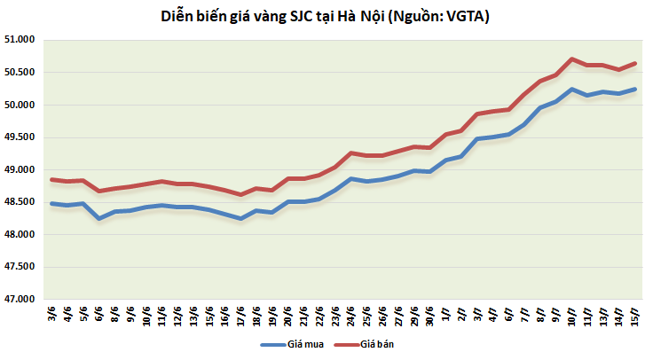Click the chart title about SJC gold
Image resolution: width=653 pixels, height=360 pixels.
click(x=326, y=16)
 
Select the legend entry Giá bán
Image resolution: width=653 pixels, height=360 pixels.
click(x=377, y=344)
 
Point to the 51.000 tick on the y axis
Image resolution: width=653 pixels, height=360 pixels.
click(x=18, y=40)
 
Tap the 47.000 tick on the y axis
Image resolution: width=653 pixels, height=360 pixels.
click(x=18, y=300)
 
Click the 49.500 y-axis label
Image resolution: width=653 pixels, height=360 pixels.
click(x=18, y=137)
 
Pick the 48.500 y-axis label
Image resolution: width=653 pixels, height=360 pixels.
click(x=18, y=202)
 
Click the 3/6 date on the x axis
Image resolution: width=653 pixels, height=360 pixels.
click(x=51, y=316)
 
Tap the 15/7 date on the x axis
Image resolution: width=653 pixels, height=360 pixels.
click(x=635, y=316)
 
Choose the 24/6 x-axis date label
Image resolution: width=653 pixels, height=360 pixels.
click(x=351, y=316)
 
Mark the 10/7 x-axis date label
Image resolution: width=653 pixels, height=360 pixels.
click(x=572, y=316)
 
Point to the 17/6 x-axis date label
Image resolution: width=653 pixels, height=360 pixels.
click(x=241, y=316)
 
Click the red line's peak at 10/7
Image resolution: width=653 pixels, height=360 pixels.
click(x=572, y=59)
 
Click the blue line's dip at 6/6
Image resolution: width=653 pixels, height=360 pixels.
click(x=99, y=218)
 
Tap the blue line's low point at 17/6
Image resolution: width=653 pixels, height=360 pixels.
click(x=241, y=218)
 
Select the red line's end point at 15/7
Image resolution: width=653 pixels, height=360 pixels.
click(x=635, y=63)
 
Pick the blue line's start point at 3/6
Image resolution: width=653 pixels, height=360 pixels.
click(x=51, y=203)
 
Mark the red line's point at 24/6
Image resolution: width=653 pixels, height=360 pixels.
click(x=351, y=153)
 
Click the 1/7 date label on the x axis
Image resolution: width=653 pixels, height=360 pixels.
click(x=446, y=316)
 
